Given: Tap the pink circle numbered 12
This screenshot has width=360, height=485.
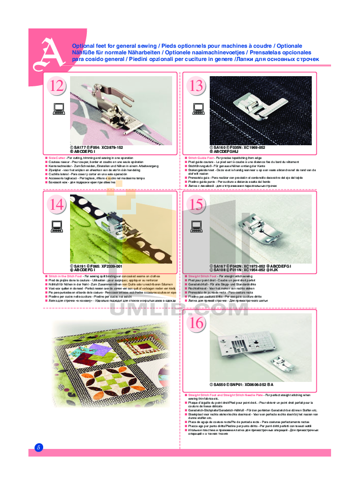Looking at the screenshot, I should click(x=57, y=86).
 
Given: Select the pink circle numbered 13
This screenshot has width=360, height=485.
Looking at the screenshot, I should click(x=196, y=86).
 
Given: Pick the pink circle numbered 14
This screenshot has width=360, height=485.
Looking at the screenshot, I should click(x=57, y=205).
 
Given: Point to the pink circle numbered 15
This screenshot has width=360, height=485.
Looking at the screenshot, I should click(x=196, y=205).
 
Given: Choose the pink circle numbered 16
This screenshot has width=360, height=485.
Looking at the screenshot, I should click(x=196, y=323).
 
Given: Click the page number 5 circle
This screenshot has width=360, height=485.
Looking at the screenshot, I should click(x=39, y=447).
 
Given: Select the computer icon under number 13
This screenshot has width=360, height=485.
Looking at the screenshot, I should click(x=198, y=108).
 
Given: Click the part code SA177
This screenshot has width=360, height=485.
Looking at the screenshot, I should click(x=81, y=147).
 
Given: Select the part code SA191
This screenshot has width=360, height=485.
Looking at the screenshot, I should click(x=80, y=266).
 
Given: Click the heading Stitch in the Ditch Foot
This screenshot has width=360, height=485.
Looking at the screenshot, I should click(x=61, y=276).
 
